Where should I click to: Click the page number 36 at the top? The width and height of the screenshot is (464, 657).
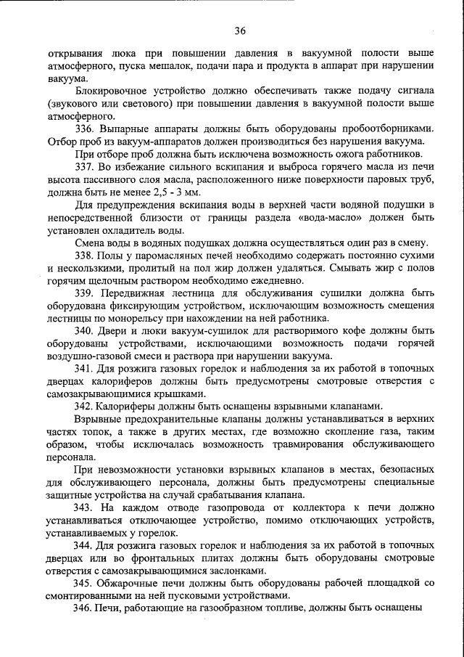pyautogui.click(x=240, y=30)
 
